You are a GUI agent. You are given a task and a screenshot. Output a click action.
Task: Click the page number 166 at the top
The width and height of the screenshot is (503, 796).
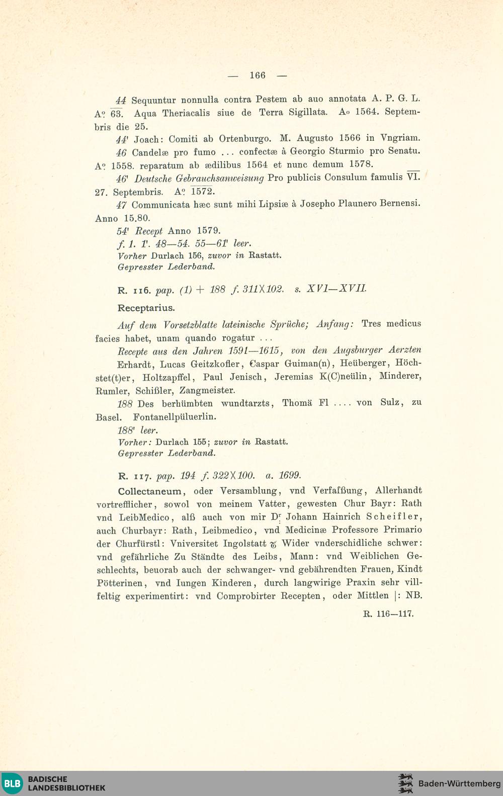257,75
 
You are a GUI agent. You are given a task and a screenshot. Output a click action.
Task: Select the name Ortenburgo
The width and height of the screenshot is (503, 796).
245,138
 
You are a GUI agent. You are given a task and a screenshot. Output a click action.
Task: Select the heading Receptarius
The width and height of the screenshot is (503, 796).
146,308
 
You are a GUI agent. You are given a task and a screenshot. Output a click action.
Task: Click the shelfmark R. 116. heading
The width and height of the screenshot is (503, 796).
134,291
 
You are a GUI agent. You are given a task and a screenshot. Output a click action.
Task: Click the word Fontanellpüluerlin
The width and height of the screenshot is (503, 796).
175,417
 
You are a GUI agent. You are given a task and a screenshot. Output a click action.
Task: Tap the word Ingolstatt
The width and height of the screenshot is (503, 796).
244,544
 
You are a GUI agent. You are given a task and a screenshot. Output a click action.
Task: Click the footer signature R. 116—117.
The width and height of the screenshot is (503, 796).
388,614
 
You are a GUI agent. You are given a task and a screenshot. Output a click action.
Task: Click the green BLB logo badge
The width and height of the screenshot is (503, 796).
12,783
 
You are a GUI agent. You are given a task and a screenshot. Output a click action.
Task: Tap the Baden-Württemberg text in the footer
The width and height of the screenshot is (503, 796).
459,783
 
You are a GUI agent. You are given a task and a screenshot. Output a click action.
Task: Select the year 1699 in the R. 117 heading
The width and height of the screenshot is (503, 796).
290,476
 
